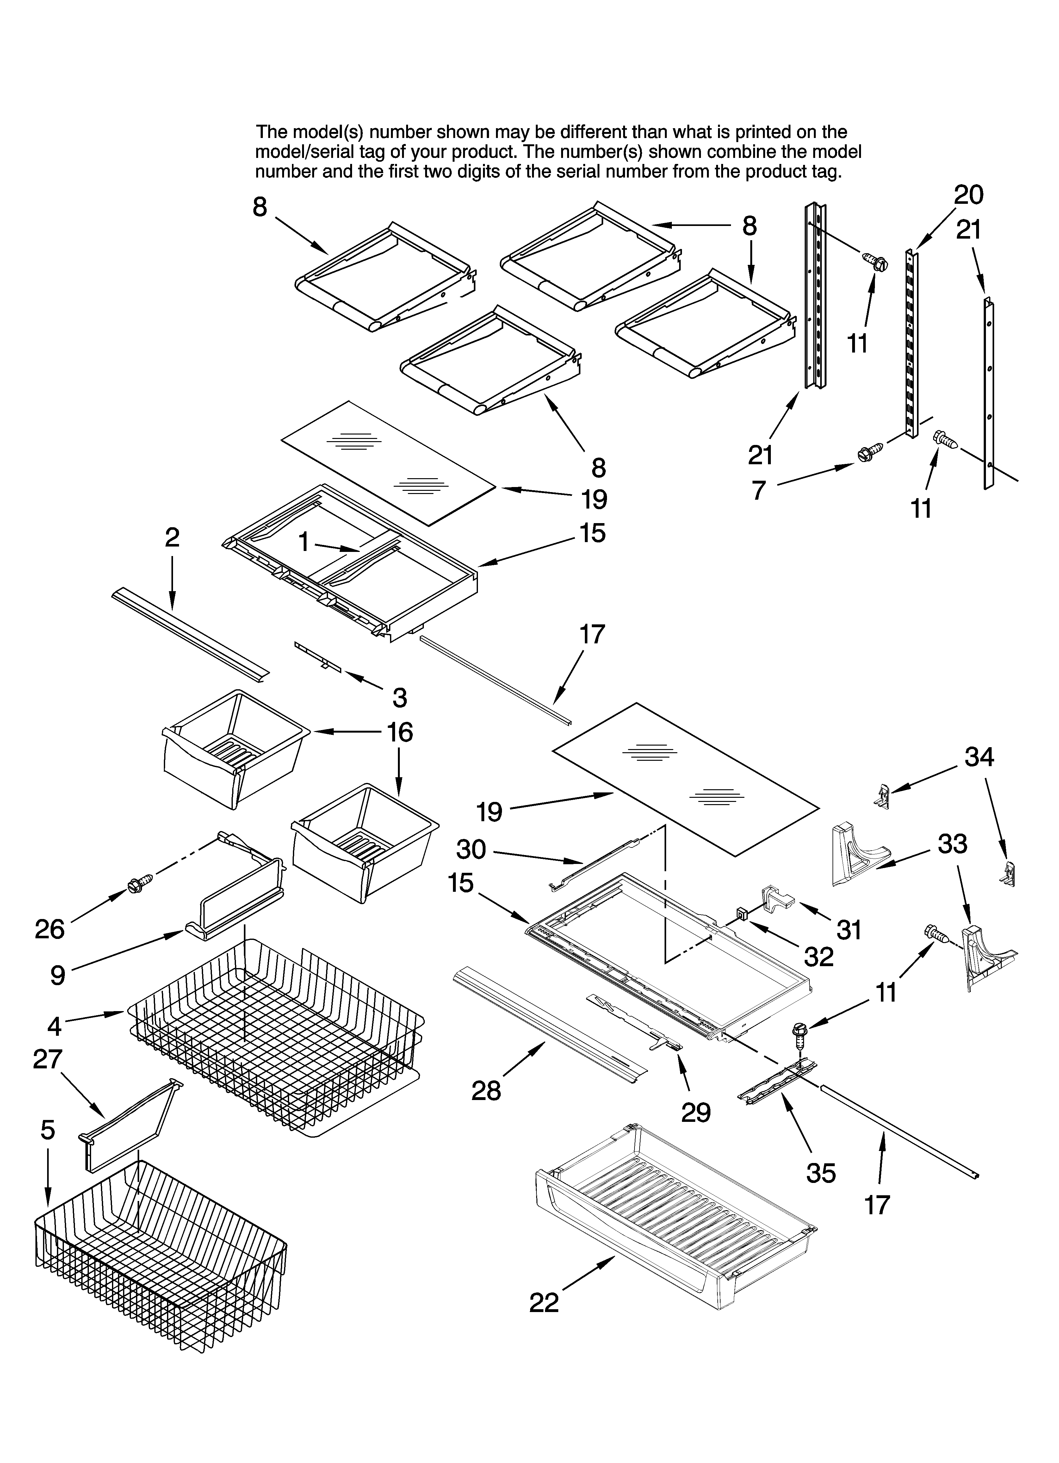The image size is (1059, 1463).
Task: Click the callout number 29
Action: click(x=696, y=1111)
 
